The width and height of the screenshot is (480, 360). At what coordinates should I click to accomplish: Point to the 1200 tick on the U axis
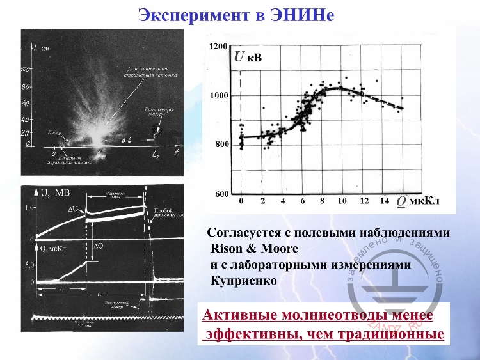point(219,47)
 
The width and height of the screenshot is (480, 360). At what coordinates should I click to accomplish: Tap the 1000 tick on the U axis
point(219,95)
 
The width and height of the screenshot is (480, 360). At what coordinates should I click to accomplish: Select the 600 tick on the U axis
point(221,194)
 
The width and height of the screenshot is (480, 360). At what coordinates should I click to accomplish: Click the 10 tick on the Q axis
point(342,201)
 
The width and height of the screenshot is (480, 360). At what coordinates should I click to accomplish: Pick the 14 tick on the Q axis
point(383,201)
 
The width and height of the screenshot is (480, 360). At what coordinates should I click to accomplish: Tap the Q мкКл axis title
point(416,202)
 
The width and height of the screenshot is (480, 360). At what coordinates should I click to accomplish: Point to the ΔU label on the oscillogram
point(73,209)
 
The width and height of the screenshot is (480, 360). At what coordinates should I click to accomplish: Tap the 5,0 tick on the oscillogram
point(29,263)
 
